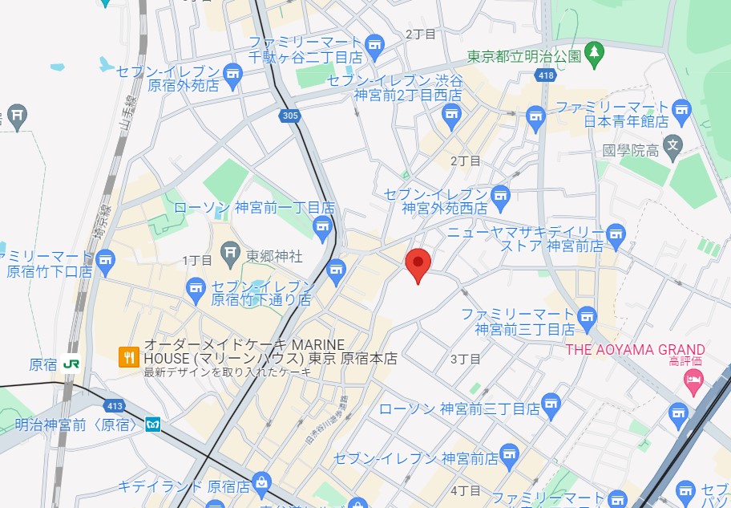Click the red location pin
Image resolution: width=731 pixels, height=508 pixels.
[418, 264]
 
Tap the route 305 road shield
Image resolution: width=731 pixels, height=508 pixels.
[291, 116]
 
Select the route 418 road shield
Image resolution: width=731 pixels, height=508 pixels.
[546, 75]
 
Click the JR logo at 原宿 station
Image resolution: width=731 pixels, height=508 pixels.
[71, 364]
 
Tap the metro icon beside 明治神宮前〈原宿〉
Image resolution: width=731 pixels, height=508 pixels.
[152, 425]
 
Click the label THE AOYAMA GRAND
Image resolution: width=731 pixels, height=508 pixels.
[636, 350]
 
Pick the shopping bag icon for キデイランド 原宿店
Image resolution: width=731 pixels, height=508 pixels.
[261, 482]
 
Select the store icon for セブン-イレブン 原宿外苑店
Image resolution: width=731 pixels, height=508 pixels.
[232, 75]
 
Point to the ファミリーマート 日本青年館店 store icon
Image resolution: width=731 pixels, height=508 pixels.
[682, 108]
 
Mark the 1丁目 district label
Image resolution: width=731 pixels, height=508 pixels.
[196, 260]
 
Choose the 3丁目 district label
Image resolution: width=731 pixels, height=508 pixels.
[465, 359]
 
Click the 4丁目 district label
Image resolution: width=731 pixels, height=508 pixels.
[465, 490]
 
